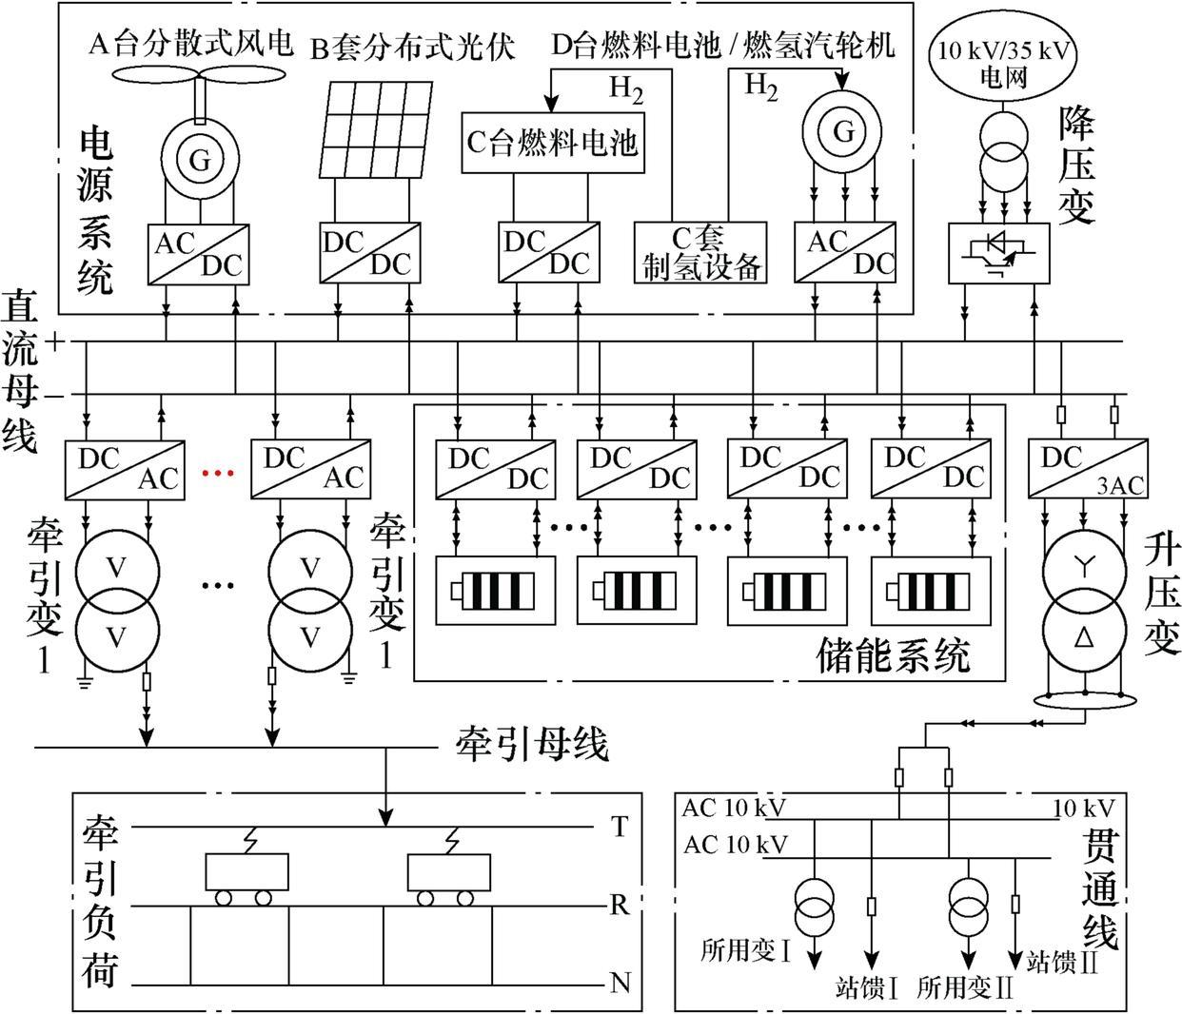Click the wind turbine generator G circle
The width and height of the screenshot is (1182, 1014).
(x=199, y=160)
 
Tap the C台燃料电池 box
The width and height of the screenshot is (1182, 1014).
(x=552, y=143)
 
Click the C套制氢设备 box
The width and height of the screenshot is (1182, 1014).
(x=700, y=253)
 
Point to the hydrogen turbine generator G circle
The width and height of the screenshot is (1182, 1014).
(x=843, y=131)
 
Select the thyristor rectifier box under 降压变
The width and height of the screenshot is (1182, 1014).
(x=999, y=253)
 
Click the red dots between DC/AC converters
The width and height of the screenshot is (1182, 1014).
(x=218, y=472)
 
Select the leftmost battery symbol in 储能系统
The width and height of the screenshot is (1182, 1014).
(x=495, y=591)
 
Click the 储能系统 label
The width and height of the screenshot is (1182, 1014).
(x=893, y=657)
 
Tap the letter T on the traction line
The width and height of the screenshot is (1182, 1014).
(x=620, y=828)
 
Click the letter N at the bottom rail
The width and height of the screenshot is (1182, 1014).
(x=620, y=983)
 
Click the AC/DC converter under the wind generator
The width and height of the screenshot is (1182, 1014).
(x=199, y=254)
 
